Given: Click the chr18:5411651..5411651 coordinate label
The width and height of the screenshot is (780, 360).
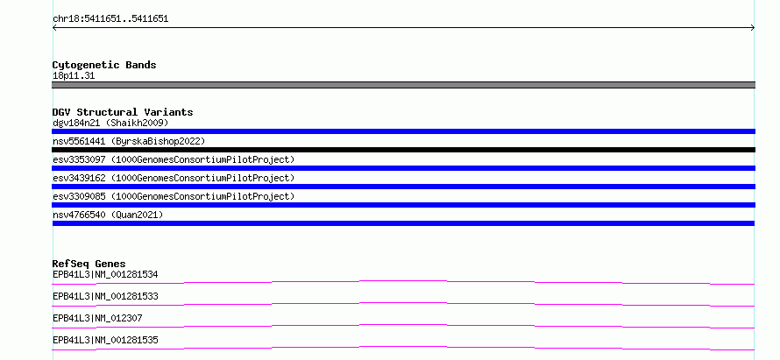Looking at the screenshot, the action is pos(110,19).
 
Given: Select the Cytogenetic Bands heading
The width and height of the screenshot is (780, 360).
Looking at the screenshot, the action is pos(104,65).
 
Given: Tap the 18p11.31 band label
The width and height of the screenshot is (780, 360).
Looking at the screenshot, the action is pos(74,76).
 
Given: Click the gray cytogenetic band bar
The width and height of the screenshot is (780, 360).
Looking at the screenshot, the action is pos(403,85).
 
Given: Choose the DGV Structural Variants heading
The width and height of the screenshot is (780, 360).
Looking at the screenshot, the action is pos(123,112).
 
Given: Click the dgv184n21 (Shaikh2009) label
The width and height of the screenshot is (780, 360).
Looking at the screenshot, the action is pos(110,123).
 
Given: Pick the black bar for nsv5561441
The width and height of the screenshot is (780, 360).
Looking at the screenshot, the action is pos(403,150).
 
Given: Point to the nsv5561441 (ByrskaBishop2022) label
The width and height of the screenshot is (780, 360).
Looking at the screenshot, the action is pos(129,141).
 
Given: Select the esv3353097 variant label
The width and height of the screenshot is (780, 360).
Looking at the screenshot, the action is pos(174,159).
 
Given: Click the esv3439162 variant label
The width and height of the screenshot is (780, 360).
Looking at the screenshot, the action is pos(174,178).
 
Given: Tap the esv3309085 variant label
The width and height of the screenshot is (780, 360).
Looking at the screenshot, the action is pos(174,196).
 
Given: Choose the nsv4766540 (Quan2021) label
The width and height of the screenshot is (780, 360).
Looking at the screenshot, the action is pos(108,215).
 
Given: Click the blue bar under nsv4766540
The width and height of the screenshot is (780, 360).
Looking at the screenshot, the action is pos(403,223).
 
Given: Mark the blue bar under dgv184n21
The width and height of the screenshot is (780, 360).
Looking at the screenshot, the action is pos(403,131).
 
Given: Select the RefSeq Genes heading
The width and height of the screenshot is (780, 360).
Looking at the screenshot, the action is pos(89,264).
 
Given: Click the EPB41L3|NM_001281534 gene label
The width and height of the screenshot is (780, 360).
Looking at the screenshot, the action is pos(105,274).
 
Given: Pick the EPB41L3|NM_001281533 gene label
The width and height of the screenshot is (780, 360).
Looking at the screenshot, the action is pos(105,296).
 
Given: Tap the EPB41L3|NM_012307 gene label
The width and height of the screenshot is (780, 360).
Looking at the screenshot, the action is pos(97,318).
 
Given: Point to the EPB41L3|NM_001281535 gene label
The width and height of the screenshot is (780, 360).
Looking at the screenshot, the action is pos(105,340).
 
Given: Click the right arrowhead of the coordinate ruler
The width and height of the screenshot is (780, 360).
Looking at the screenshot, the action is pos(754,28).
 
